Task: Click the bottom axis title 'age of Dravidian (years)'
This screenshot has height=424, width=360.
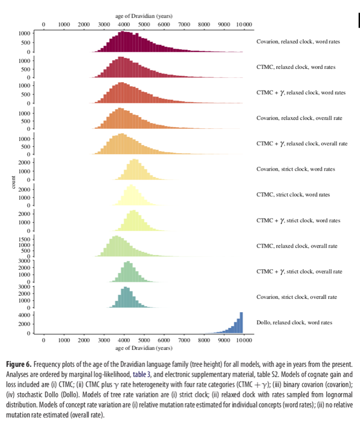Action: (x=143, y=348)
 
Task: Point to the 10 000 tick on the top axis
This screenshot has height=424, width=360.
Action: (x=244, y=25)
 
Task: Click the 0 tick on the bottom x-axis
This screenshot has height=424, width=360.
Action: (x=43, y=340)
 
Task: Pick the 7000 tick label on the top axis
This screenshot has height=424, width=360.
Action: (x=184, y=25)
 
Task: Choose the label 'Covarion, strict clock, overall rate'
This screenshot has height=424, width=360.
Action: (x=296, y=297)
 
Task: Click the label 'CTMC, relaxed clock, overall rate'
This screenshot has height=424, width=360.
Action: (x=296, y=246)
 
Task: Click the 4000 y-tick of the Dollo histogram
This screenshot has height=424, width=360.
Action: (x=23, y=314)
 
